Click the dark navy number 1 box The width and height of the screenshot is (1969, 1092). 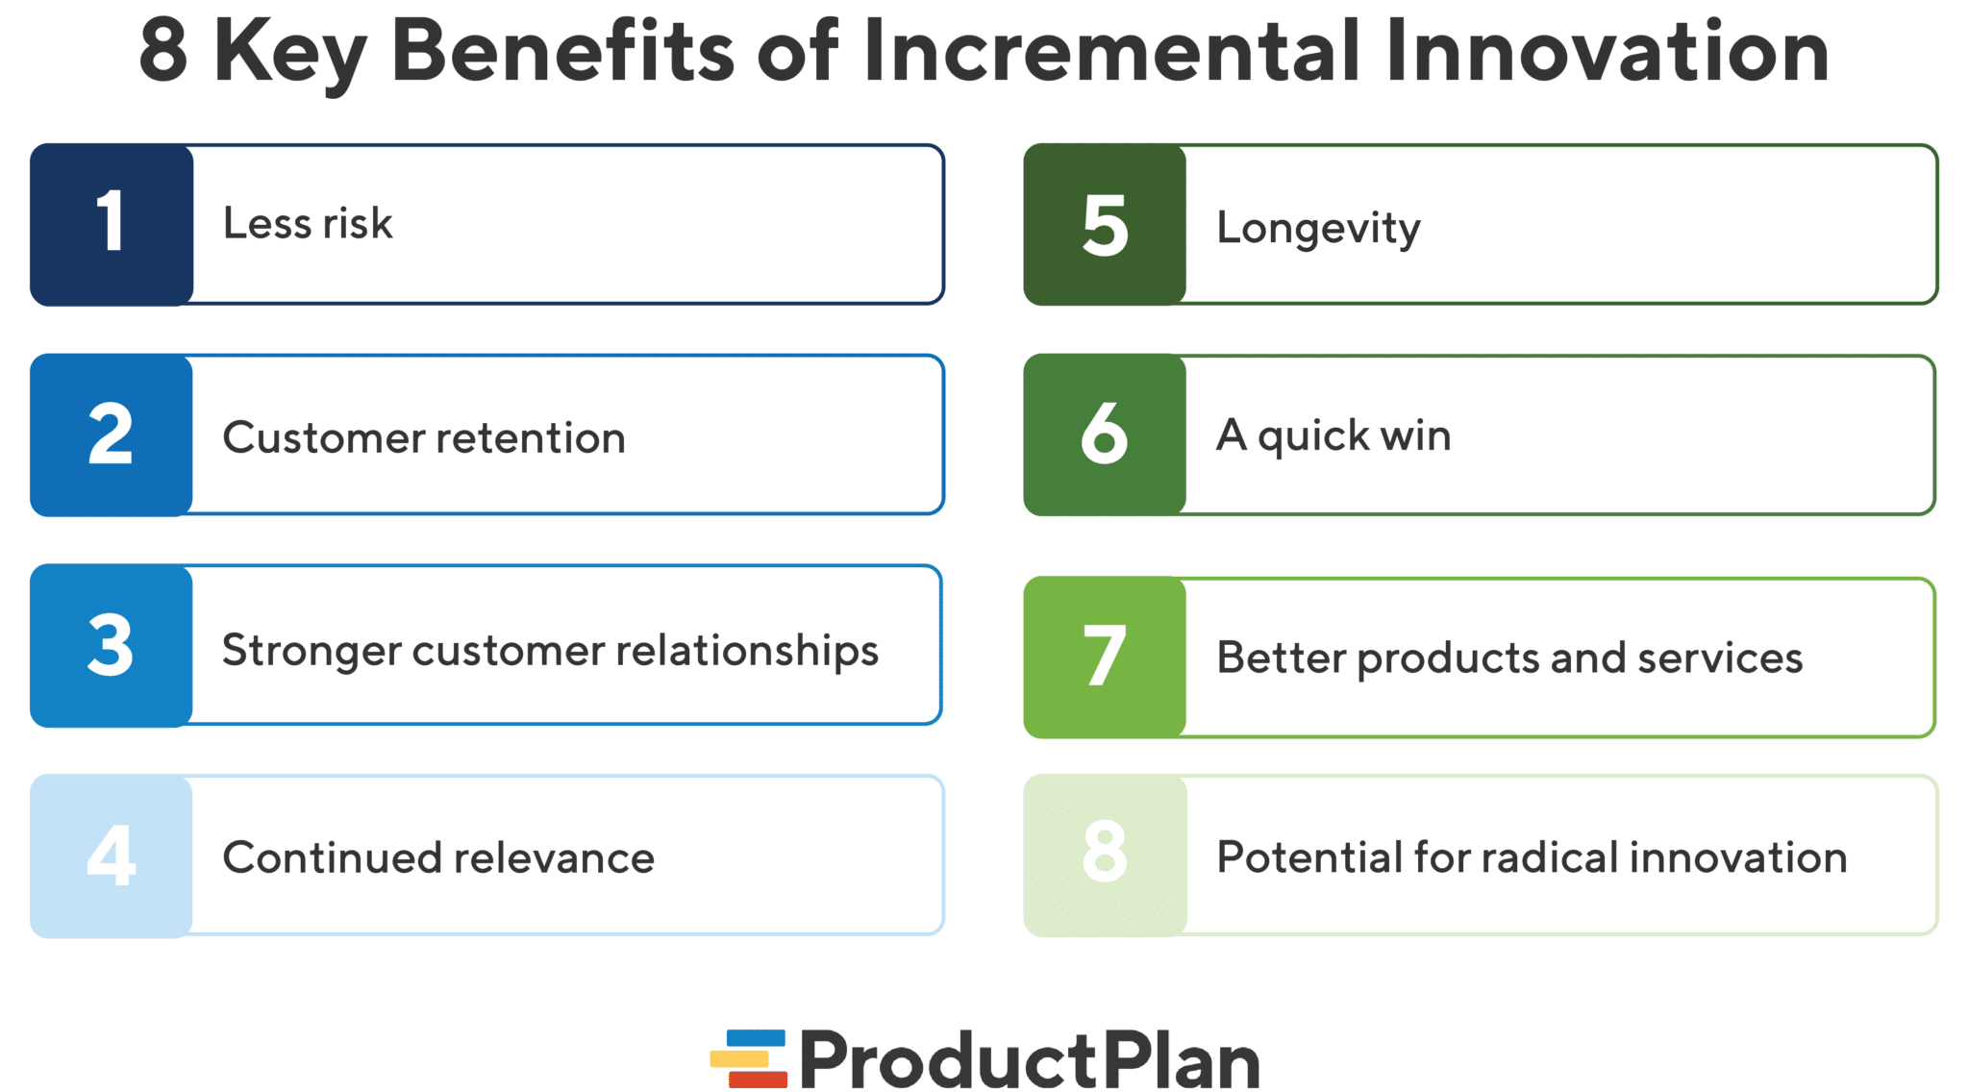112,225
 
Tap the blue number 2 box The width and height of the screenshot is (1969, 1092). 112,434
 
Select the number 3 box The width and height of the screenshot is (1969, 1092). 112,645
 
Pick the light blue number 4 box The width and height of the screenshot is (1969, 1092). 112,856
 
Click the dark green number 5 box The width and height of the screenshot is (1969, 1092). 1105,225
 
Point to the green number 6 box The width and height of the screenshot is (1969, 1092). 1105,434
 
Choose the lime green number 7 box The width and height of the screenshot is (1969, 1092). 1105,658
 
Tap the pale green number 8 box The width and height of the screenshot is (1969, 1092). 1105,856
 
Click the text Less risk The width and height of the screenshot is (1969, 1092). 308,224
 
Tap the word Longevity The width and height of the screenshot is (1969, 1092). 1318,229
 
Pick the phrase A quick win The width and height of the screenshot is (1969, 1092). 1333,435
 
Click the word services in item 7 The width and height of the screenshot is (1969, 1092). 1720,658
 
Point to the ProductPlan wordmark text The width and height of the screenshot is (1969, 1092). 1029,1059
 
